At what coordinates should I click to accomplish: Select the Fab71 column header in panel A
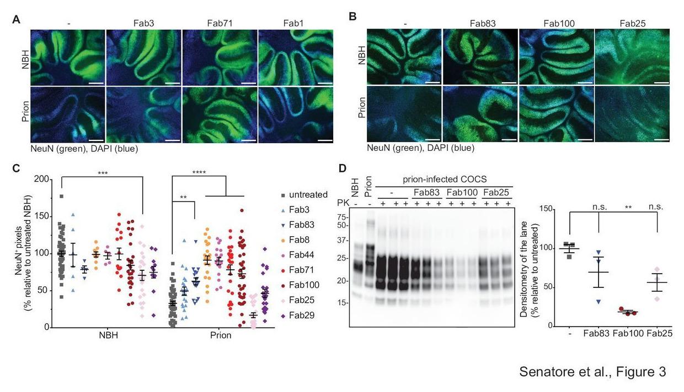click(219, 23)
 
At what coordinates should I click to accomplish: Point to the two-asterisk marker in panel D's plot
click(628, 208)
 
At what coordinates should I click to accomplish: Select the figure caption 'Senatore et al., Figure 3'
click(592, 372)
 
